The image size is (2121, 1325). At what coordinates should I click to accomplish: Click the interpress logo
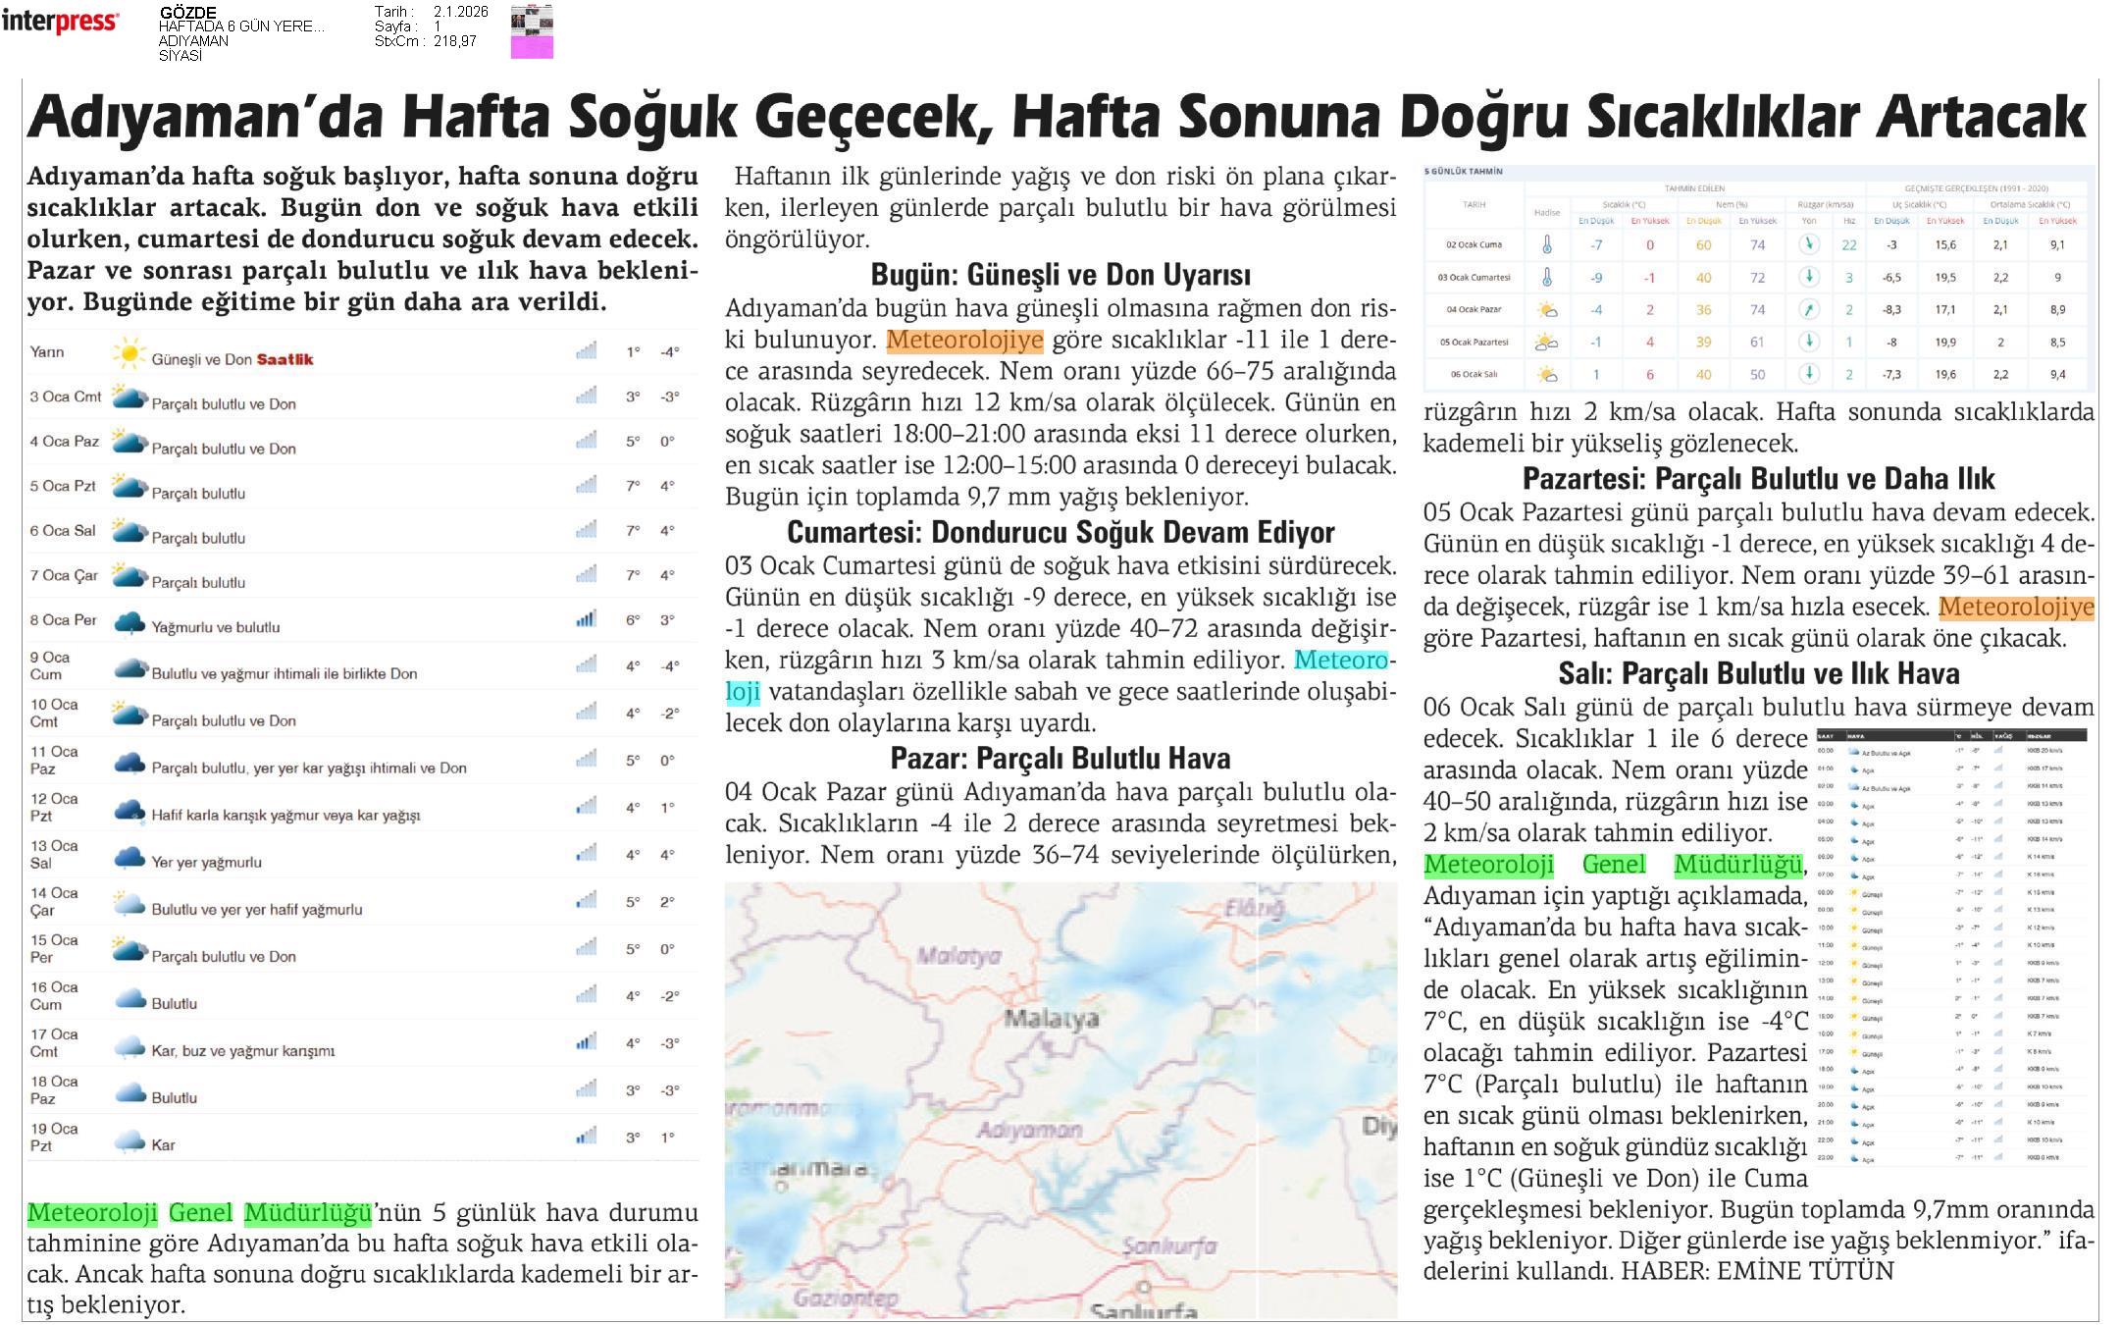[60, 22]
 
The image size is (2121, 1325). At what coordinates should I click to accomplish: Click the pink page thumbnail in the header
[532, 46]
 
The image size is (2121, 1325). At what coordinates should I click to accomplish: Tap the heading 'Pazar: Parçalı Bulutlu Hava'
[1060, 758]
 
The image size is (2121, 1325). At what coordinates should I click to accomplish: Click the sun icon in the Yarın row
[129, 353]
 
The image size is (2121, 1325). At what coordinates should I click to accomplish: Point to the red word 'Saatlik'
[285, 359]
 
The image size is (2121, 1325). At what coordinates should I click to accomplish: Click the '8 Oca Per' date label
[64, 620]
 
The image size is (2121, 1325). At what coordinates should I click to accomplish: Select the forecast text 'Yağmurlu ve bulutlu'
[215, 627]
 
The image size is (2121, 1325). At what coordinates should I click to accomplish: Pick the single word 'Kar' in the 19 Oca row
[163, 1144]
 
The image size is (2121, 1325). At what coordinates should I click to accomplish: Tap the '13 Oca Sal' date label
[54, 854]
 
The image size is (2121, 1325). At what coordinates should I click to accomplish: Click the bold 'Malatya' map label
[1051, 1019]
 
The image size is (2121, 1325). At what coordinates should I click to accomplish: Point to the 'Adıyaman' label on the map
[1029, 1131]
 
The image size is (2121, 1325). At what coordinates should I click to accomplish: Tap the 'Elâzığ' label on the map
[1253, 909]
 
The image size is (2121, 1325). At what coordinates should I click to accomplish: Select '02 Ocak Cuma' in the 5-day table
[1474, 245]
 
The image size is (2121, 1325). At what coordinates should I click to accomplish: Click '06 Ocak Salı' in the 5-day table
[1474, 374]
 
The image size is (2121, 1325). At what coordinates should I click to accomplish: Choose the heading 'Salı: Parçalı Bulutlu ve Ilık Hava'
[1758, 673]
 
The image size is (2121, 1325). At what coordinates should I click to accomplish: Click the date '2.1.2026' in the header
[460, 12]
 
